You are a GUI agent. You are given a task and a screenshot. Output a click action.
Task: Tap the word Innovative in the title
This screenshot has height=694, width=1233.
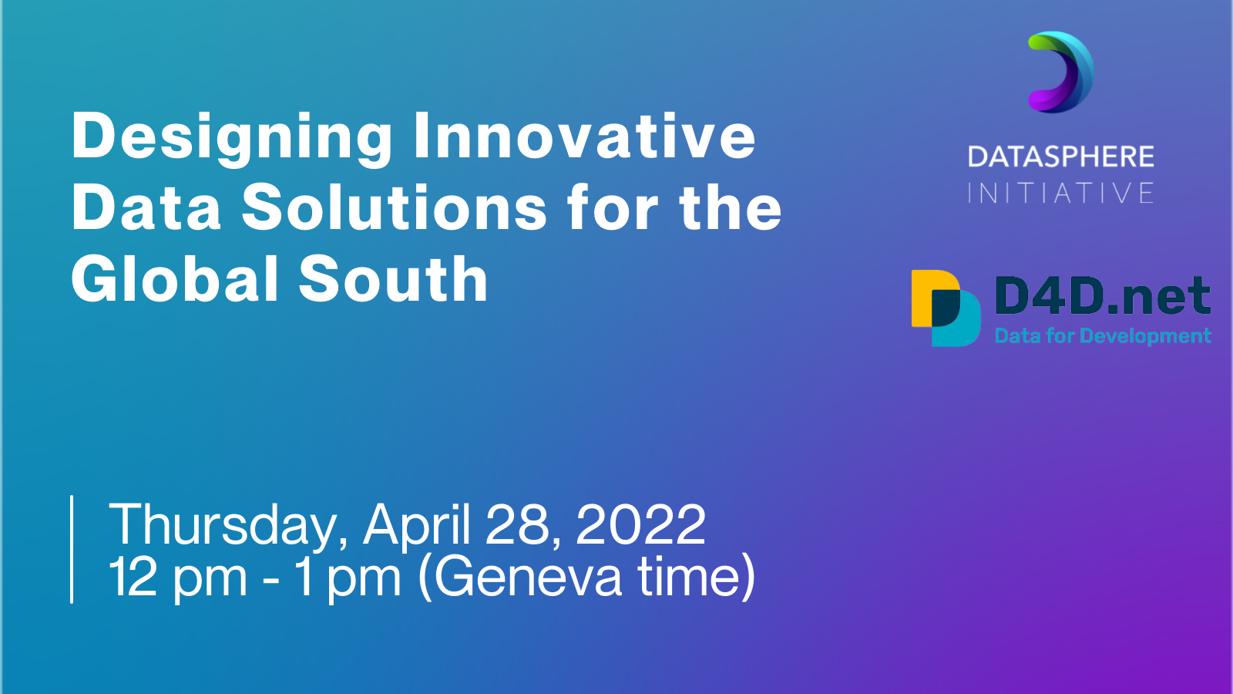click(585, 136)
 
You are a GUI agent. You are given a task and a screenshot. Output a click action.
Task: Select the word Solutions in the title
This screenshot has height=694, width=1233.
click(394, 208)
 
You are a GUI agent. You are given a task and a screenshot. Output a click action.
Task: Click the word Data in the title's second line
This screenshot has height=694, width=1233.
click(146, 208)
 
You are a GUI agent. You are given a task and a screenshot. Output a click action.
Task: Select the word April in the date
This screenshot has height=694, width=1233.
click(417, 526)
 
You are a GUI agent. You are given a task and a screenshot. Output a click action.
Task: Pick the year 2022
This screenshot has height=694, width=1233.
click(640, 524)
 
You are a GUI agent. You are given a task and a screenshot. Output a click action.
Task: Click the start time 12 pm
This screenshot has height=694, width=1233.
click(178, 578)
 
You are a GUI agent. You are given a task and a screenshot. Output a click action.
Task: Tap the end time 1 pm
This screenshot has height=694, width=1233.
click(347, 578)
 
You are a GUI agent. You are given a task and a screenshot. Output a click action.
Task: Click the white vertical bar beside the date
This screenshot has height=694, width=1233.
click(72, 549)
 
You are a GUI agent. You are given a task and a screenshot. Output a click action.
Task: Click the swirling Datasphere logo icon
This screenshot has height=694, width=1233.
click(1061, 72)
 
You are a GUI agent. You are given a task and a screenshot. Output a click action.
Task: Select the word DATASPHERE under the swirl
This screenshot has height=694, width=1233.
click(1060, 157)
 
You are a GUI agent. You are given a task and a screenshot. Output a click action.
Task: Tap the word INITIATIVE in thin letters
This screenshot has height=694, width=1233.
click(1060, 194)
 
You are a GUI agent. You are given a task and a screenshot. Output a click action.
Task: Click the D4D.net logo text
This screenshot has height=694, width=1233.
click(1103, 296)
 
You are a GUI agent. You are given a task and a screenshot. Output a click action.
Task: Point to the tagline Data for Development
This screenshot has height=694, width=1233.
click(1103, 336)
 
